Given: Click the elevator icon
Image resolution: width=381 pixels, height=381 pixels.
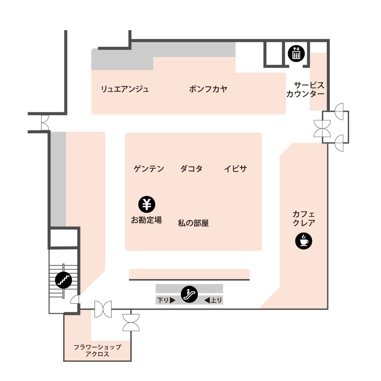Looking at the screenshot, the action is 296,54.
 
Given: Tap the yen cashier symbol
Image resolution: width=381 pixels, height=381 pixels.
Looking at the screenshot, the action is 147,204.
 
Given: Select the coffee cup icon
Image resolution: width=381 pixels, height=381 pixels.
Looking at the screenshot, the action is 304,241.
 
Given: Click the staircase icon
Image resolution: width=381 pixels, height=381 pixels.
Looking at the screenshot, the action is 63,280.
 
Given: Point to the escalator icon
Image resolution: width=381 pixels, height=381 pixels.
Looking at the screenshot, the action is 189,294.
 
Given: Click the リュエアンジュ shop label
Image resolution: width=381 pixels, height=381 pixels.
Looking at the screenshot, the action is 125,89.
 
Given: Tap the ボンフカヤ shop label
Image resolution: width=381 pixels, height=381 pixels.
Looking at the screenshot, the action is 208,89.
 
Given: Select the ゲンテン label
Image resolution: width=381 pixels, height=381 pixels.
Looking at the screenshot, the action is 149,169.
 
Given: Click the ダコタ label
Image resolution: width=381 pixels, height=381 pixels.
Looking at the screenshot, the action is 192,169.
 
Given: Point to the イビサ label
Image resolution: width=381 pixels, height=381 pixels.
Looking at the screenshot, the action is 236,169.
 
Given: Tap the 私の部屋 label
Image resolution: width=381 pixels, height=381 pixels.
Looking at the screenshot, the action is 193,223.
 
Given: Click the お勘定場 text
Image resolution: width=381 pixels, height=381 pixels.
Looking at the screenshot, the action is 147,220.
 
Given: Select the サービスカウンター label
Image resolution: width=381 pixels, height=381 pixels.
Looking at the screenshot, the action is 305,89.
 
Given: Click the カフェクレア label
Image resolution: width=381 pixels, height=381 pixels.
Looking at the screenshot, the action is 304,218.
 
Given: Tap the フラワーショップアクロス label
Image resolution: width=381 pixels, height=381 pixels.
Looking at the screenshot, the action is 97,350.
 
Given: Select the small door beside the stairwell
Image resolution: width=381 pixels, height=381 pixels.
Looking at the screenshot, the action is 75,300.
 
